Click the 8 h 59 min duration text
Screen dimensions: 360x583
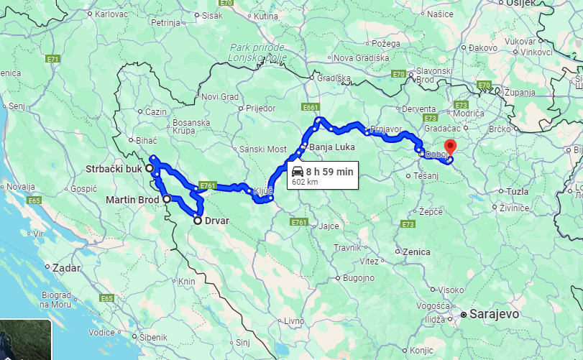pyautogui.click(x=329, y=171)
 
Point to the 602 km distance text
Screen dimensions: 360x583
pyautogui.click(x=304, y=182)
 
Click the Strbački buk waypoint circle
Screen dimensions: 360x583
pyautogui.click(x=150, y=168)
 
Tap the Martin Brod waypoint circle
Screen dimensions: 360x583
pyautogui.click(x=166, y=199)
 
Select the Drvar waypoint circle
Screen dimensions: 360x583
pyautogui.click(x=198, y=221)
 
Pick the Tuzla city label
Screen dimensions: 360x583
pyautogui.click(x=518, y=192)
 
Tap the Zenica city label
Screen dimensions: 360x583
pyautogui.click(x=418, y=252)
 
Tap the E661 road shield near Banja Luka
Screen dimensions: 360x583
pyautogui.click(x=311, y=108)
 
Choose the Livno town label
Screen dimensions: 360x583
pyautogui.click(x=295, y=320)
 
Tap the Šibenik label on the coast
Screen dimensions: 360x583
pyautogui.click(x=154, y=337)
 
